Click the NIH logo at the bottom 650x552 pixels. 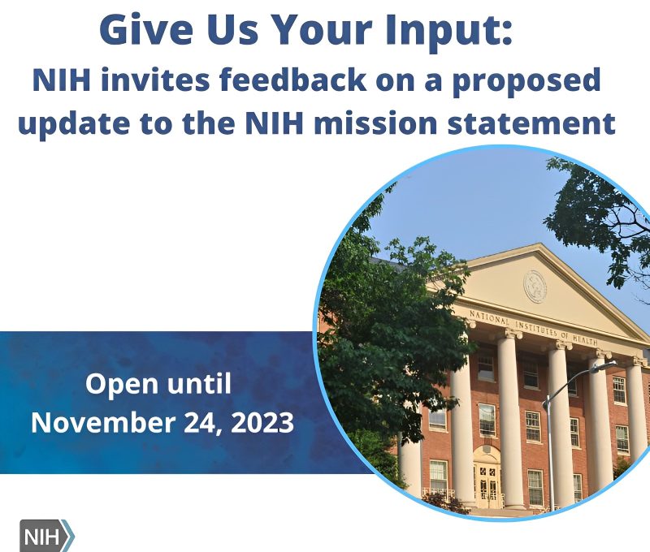click(46, 537)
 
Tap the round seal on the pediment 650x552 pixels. click(535, 286)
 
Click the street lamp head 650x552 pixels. click(604, 365)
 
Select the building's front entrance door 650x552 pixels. click(487, 483)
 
